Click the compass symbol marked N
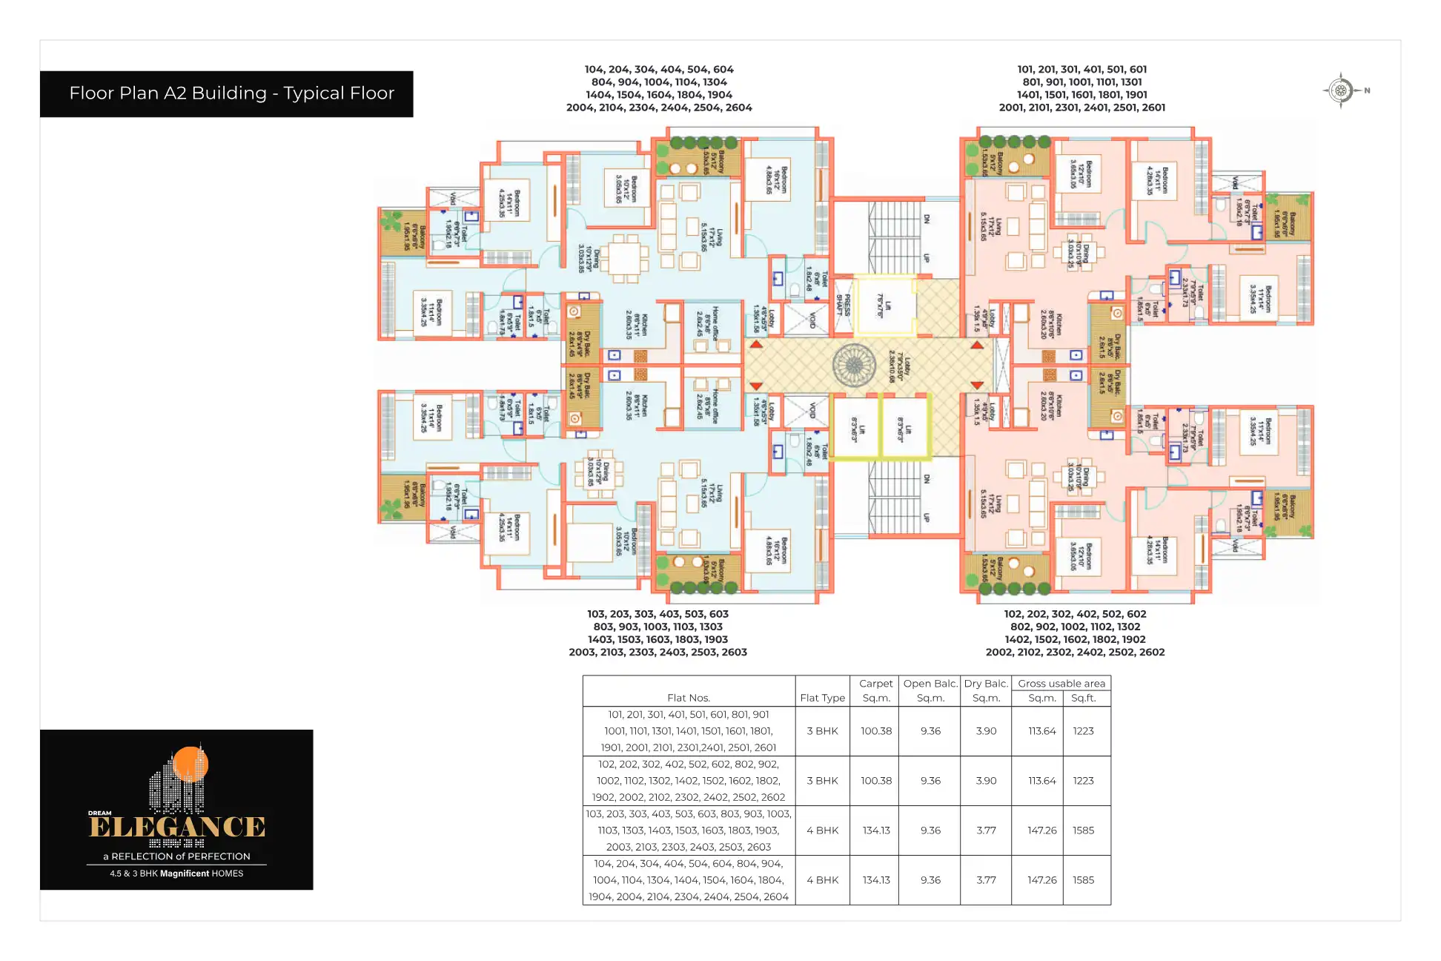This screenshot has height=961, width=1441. point(1341,90)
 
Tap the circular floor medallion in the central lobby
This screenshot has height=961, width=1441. point(854,365)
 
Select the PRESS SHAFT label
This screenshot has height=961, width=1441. point(844,305)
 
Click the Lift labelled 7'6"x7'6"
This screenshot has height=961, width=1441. point(884,306)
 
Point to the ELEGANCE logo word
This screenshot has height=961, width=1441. point(177,828)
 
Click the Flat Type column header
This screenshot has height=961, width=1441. point(822,698)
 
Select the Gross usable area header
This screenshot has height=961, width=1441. point(1061,684)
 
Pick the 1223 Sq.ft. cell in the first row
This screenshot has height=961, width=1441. point(1083,731)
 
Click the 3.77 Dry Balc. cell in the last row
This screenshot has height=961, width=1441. point(986,880)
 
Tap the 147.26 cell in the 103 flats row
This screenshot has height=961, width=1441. point(1041,830)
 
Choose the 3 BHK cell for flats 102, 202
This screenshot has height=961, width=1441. point(822,781)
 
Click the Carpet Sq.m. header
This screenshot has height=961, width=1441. point(875,690)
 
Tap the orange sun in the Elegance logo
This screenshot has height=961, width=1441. point(191,763)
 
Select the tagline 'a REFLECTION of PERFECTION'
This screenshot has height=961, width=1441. point(176,856)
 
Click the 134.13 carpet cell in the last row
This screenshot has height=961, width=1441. point(875,880)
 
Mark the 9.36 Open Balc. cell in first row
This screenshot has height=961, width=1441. point(930,731)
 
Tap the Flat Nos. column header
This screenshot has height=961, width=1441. point(688,698)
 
